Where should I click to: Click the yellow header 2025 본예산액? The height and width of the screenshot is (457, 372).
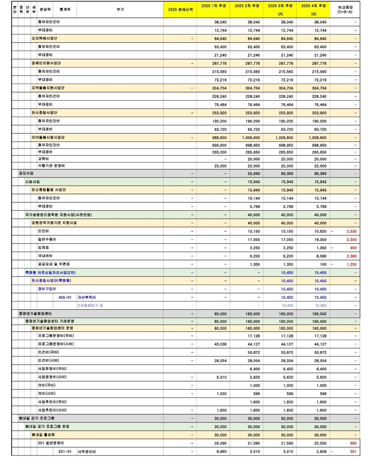pyautogui.click(x=180, y=10)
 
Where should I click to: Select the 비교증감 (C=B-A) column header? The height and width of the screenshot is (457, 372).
pyautogui.click(x=345, y=10)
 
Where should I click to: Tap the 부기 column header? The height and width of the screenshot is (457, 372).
pyautogui.click(x=120, y=10)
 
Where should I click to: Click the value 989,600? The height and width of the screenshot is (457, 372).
pyautogui.click(x=219, y=137)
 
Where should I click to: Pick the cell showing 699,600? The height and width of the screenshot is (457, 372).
pyautogui.click(x=219, y=145)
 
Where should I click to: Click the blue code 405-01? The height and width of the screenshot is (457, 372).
pyautogui.click(x=65, y=297)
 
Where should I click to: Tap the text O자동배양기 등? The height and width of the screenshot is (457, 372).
pyautogui.click(x=90, y=305)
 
